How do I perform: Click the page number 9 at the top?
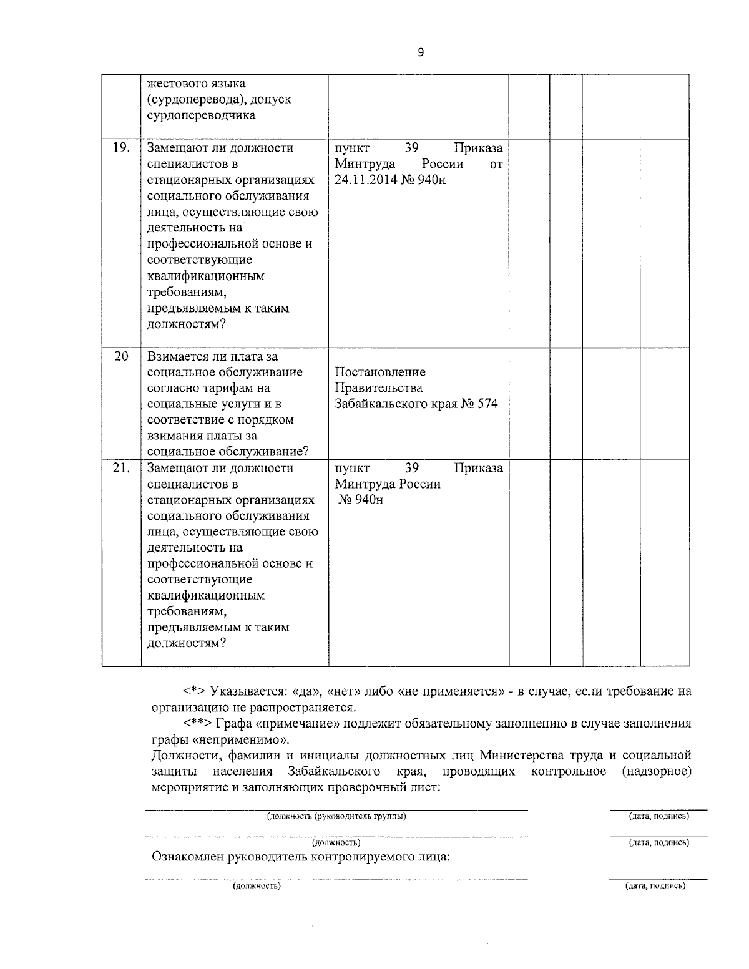click(420, 53)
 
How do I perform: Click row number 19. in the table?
click(121, 148)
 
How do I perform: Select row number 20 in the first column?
click(121, 356)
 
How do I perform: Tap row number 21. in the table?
click(121, 468)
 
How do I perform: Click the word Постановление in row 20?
click(380, 372)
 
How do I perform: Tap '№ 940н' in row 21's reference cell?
click(361, 500)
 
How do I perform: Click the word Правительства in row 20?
click(379, 388)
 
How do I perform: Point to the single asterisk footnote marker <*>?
click(194, 691)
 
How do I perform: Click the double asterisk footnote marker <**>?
click(197, 724)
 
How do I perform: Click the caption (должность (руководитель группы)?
click(336, 816)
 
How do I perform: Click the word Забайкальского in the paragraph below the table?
click(335, 771)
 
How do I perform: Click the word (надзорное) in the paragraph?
click(657, 771)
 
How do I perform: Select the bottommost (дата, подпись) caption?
click(655, 885)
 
